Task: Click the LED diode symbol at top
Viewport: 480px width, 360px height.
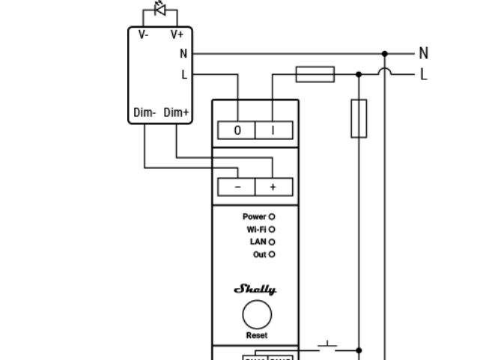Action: coord(159,9)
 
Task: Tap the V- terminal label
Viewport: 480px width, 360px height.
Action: coord(142,34)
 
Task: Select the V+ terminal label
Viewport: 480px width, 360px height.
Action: coord(177,34)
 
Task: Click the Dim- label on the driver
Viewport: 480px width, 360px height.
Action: coord(145,113)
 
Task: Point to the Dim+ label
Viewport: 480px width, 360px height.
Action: coord(177,113)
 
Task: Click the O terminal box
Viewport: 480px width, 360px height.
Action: coord(237,130)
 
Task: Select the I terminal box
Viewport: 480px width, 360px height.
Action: coord(273,130)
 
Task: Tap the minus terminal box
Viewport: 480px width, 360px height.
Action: coord(237,187)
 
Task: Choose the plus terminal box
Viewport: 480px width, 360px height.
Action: coord(273,187)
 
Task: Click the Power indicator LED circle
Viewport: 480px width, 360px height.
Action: coord(272,217)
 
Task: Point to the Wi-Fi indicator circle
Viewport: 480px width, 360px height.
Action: coord(272,230)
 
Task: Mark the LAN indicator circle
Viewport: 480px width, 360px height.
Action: coord(272,242)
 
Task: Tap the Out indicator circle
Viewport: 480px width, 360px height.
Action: coord(272,255)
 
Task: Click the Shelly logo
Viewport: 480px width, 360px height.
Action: coord(255,290)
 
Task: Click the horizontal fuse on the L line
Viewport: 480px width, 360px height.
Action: coord(315,74)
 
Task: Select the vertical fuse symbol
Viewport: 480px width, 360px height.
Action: coord(359,119)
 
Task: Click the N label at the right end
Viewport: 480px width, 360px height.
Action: coord(424,53)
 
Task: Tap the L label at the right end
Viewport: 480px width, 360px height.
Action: coord(424,74)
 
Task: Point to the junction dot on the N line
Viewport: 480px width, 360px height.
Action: coord(385,54)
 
